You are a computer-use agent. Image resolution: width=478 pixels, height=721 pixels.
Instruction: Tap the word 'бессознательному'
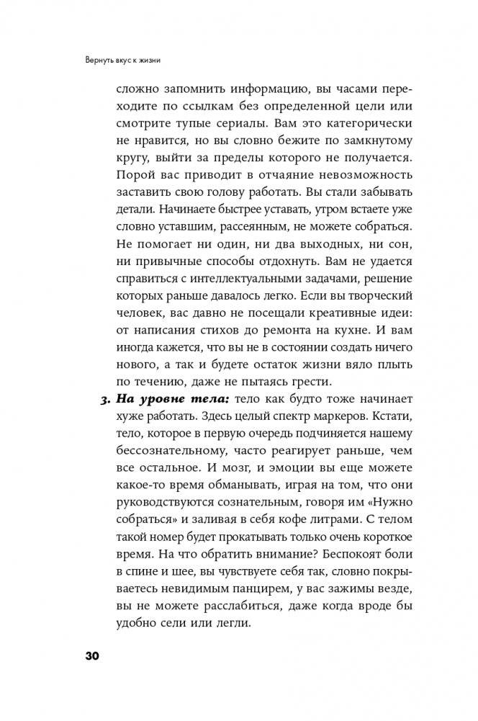tap(168, 455)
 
